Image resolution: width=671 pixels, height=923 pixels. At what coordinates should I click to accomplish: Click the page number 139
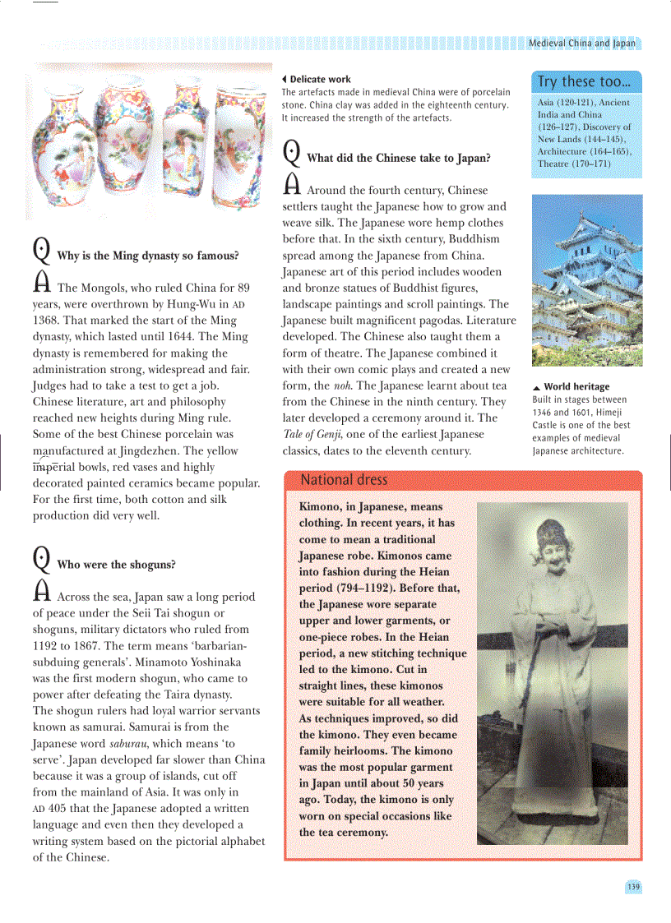point(632,887)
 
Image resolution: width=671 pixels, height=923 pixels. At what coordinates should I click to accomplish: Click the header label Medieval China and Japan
point(581,43)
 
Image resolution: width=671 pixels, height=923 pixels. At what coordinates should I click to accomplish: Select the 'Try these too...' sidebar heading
point(584,81)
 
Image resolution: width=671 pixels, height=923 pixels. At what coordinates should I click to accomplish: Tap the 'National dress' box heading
point(344,480)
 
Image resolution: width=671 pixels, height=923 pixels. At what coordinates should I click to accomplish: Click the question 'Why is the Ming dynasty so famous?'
point(147,256)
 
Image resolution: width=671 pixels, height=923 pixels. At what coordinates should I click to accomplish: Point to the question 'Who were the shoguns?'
point(116,565)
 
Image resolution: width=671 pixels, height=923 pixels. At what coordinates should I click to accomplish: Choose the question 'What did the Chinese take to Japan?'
point(398,158)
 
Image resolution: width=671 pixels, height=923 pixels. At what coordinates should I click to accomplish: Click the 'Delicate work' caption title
point(320,80)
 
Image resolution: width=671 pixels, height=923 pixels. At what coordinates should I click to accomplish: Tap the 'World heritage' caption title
point(576,386)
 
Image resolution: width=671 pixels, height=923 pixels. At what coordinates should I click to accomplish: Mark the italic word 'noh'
point(344,385)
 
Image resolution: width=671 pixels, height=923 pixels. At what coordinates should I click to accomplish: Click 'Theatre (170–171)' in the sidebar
point(574,164)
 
